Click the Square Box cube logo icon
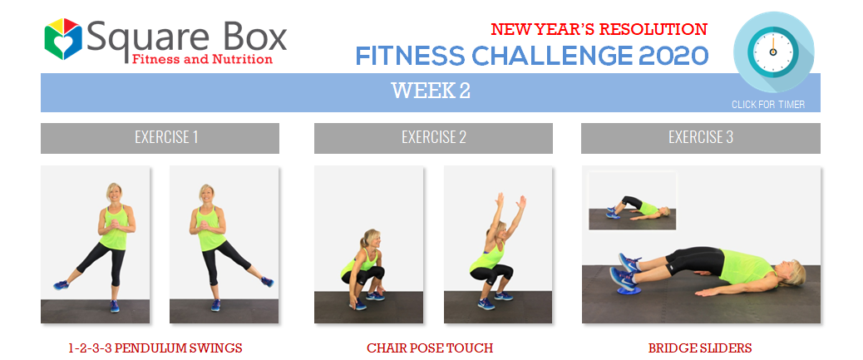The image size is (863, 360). pos(63,38)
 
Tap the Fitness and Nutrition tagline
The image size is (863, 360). pos(202,59)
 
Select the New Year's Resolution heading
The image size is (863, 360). pos(599,29)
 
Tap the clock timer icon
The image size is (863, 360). pos(773,52)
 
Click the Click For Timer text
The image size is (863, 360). pos(767,105)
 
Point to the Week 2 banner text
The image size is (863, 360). pos(431,91)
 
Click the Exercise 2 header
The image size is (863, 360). pos(434,137)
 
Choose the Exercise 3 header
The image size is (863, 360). pos(701,137)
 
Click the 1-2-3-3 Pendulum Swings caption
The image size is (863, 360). pos(155,348)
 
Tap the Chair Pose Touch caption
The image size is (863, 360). pos(430,348)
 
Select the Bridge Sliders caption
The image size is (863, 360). pos(700,348)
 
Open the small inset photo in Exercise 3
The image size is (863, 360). pos(633,201)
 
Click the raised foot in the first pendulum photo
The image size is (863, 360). pos(61,284)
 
